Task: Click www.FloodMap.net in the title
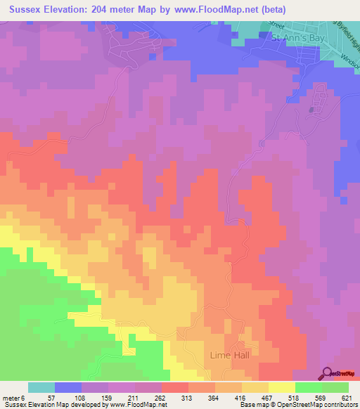(235, 9)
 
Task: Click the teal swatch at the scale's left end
(41, 387)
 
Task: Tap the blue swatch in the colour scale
(67, 387)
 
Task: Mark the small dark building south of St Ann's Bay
(311, 110)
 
